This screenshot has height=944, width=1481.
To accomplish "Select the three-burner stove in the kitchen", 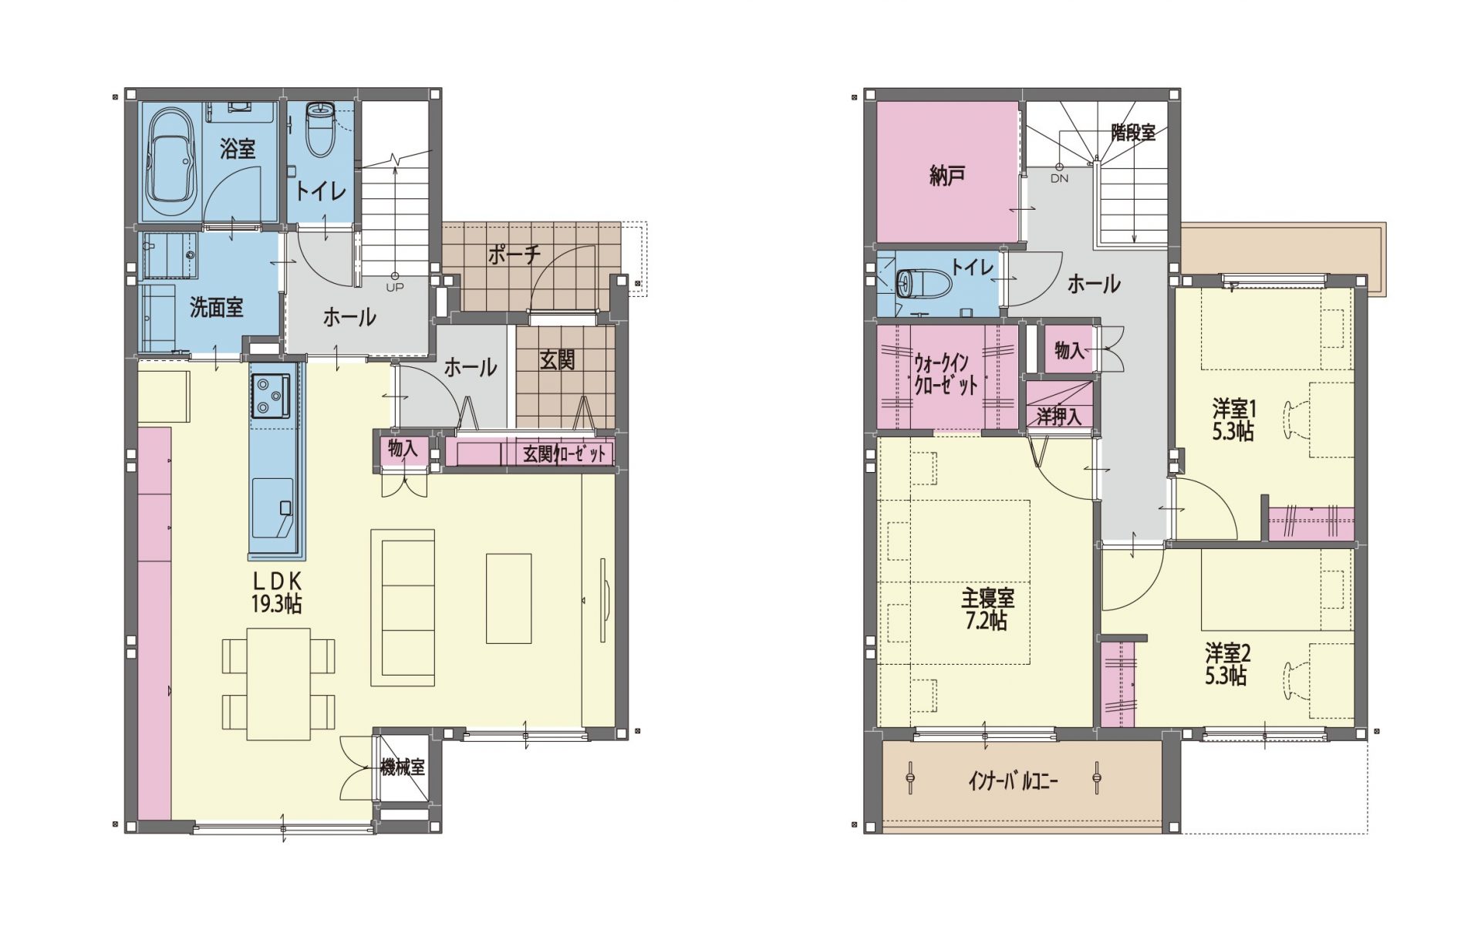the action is point(270,395).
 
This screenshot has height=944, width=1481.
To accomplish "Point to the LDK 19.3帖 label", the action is point(276,592).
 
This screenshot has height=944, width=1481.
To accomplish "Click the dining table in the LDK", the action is point(278,684).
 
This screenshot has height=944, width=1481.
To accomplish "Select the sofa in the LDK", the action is point(403,607).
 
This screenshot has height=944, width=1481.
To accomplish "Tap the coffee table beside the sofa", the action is point(509,598).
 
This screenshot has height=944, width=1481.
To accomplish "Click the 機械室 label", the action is point(403,767).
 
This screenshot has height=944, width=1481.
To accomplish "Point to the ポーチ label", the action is point(514,255).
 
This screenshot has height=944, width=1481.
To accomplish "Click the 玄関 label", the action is point(557,359).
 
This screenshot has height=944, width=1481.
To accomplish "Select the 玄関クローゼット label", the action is point(565,454).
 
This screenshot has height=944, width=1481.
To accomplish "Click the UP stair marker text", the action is point(395,287).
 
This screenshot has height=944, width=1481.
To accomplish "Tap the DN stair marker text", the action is point(1059,178).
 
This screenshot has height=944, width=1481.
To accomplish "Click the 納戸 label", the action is point(948,177).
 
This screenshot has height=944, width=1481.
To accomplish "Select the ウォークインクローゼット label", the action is point(946,374).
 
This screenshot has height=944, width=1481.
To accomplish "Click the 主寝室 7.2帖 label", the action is point(987,609).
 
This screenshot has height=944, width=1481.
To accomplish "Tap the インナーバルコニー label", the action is point(1013,782).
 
